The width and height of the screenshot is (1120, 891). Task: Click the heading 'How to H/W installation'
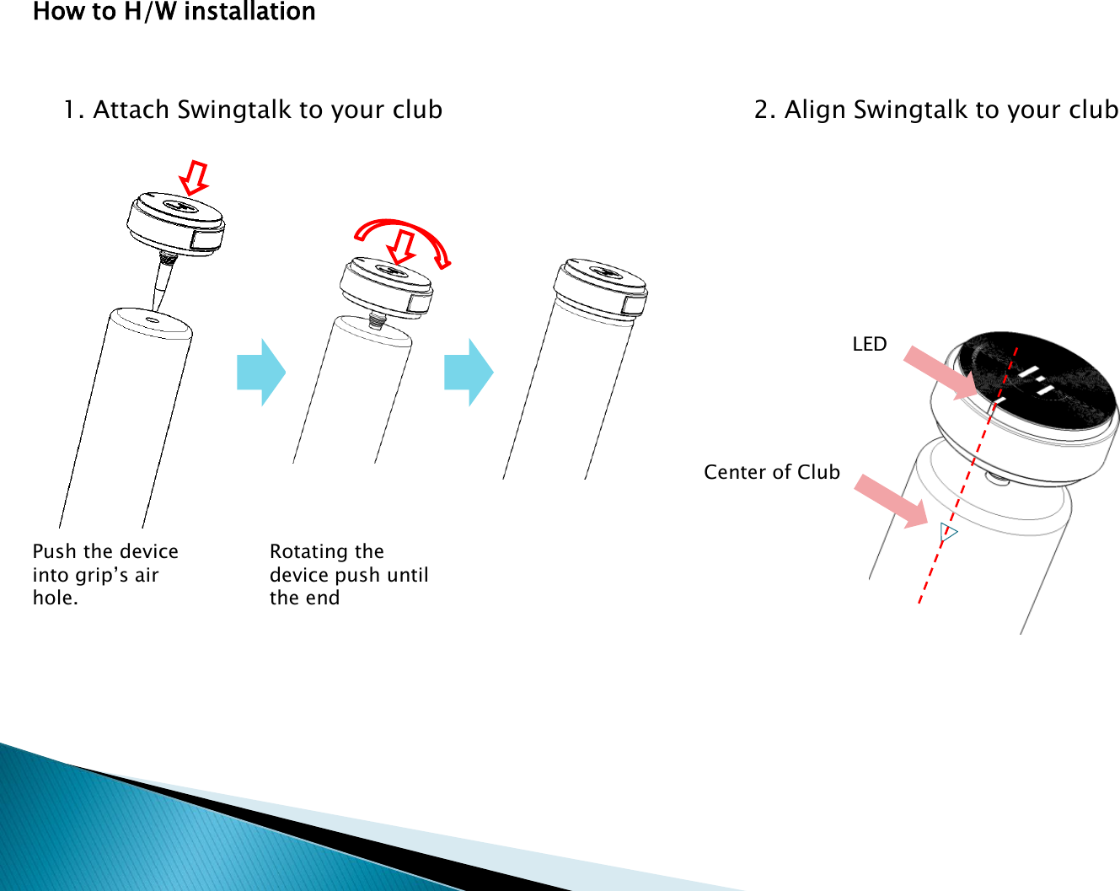(x=174, y=12)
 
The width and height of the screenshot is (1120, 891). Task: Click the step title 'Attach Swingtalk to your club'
(x=253, y=110)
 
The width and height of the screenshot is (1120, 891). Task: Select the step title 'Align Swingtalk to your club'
(x=936, y=110)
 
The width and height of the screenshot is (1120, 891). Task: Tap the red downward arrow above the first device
(x=195, y=177)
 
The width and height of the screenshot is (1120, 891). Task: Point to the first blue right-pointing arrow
(x=261, y=373)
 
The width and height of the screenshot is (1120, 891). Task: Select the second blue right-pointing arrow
(x=469, y=373)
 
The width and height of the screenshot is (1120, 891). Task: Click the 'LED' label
(x=869, y=344)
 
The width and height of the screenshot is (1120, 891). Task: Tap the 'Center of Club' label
(x=772, y=472)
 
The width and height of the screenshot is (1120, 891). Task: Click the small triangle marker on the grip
(x=948, y=532)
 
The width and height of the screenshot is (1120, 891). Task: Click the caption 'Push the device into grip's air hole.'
(x=104, y=574)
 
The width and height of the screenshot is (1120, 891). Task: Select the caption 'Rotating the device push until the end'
(x=348, y=574)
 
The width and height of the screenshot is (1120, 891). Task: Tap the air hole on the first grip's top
(x=153, y=319)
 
